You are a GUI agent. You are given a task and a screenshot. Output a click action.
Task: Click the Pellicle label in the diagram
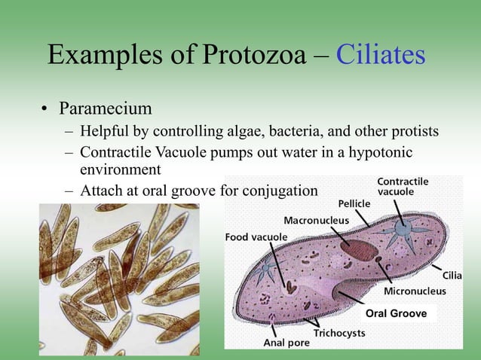point(354,203)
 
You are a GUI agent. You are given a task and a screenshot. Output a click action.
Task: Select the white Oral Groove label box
point(396,313)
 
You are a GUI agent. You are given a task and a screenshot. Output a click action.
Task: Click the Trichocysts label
point(339,331)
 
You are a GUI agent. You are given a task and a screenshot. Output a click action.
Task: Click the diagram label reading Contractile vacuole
point(403,187)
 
